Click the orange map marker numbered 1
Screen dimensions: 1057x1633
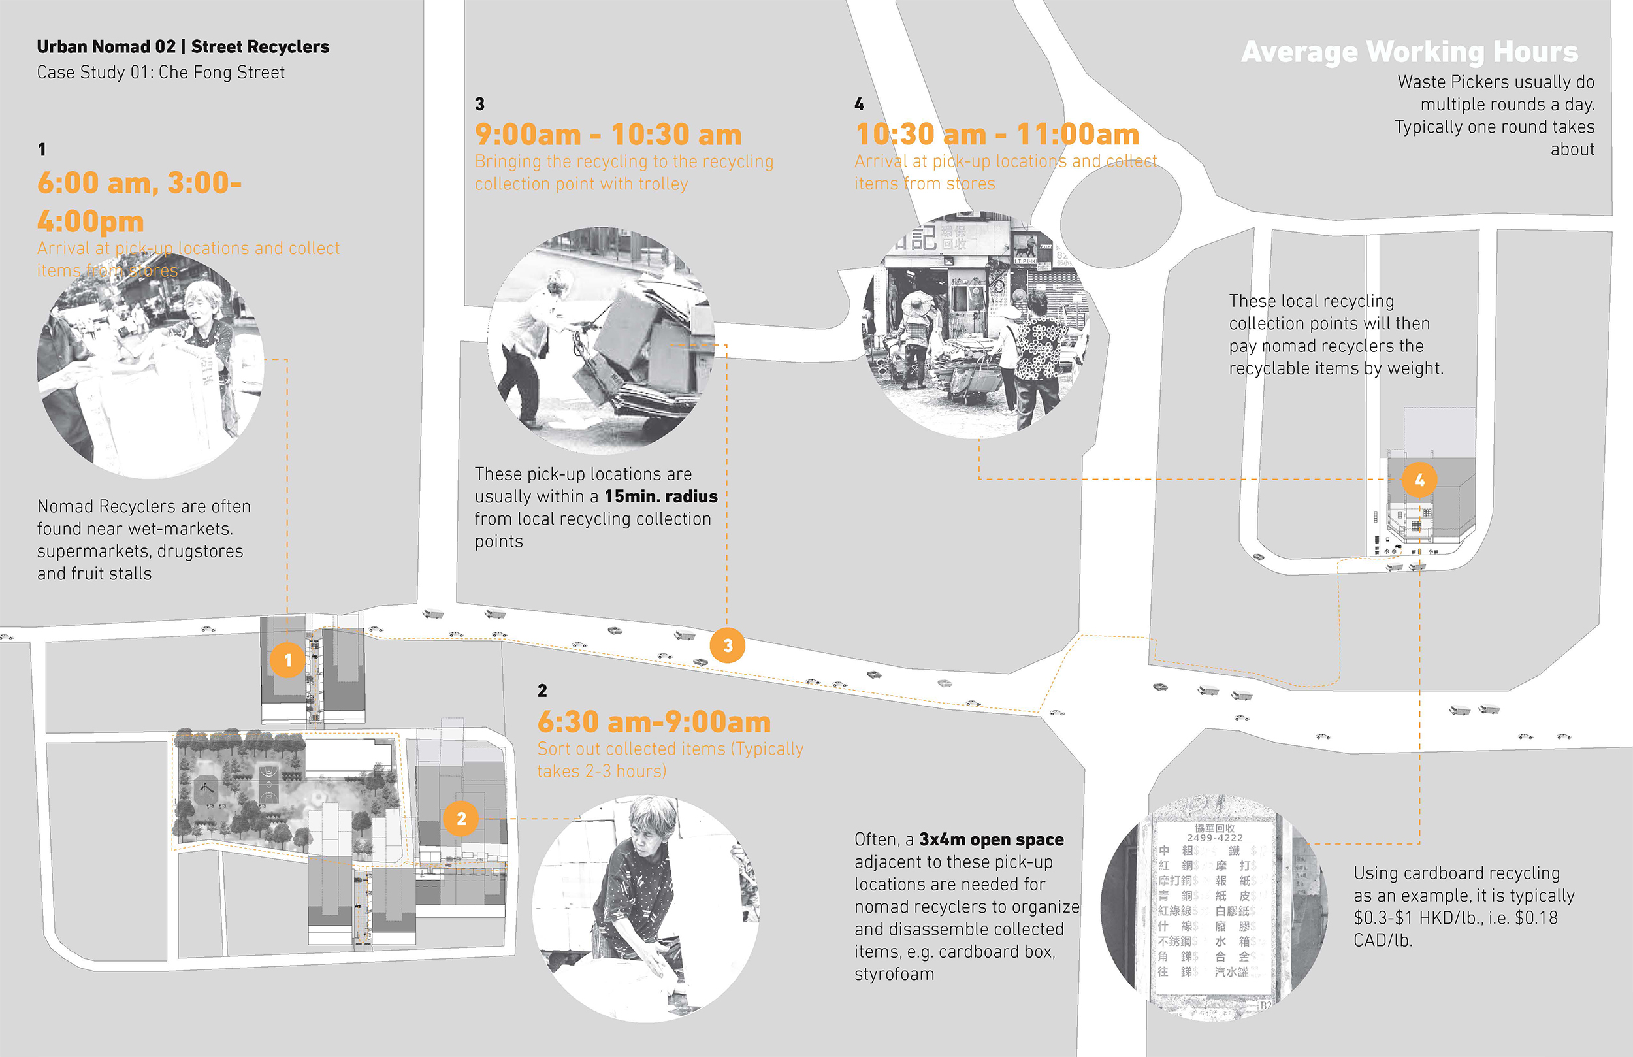(287, 660)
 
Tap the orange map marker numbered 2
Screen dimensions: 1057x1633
(461, 818)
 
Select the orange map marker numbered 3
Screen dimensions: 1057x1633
(727, 645)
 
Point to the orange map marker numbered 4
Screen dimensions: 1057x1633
(1419, 479)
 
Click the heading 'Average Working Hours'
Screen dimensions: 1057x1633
(1410, 52)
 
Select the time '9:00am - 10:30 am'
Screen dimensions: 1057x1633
(608, 135)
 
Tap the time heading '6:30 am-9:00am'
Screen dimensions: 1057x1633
(654, 722)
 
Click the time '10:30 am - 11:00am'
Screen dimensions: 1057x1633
(997, 135)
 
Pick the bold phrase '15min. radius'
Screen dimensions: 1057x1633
(661, 496)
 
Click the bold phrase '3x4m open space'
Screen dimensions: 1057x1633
(991, 839)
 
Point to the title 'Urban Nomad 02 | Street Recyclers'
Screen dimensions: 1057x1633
(182, 46)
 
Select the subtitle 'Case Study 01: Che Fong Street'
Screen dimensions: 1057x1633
(161, 73)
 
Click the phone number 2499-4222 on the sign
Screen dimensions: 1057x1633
(1214, 838)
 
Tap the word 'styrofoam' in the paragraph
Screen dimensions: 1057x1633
(894, 974)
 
